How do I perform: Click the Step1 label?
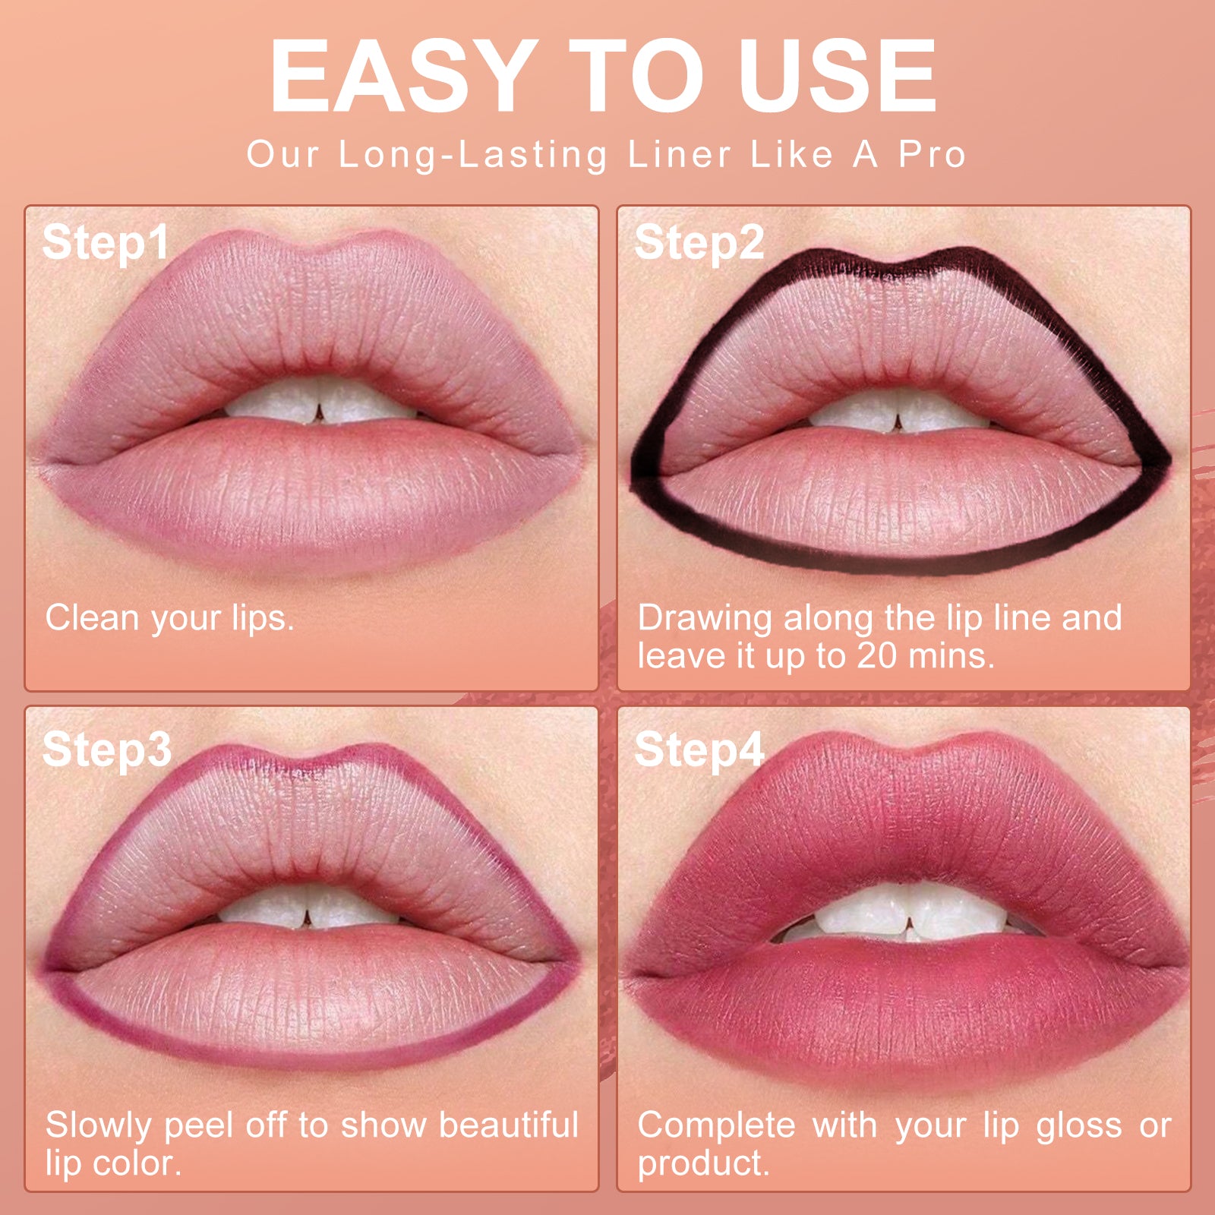105,243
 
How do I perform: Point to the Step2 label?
699,243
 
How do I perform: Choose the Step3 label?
106,750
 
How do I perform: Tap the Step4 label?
699,750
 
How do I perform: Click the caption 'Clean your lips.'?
169,618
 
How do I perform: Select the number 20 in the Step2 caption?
877,655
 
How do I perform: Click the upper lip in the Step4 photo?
904,820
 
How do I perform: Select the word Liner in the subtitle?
679,154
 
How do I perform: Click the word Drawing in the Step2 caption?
705,618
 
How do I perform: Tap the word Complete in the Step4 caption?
716,1125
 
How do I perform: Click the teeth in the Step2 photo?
896,414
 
